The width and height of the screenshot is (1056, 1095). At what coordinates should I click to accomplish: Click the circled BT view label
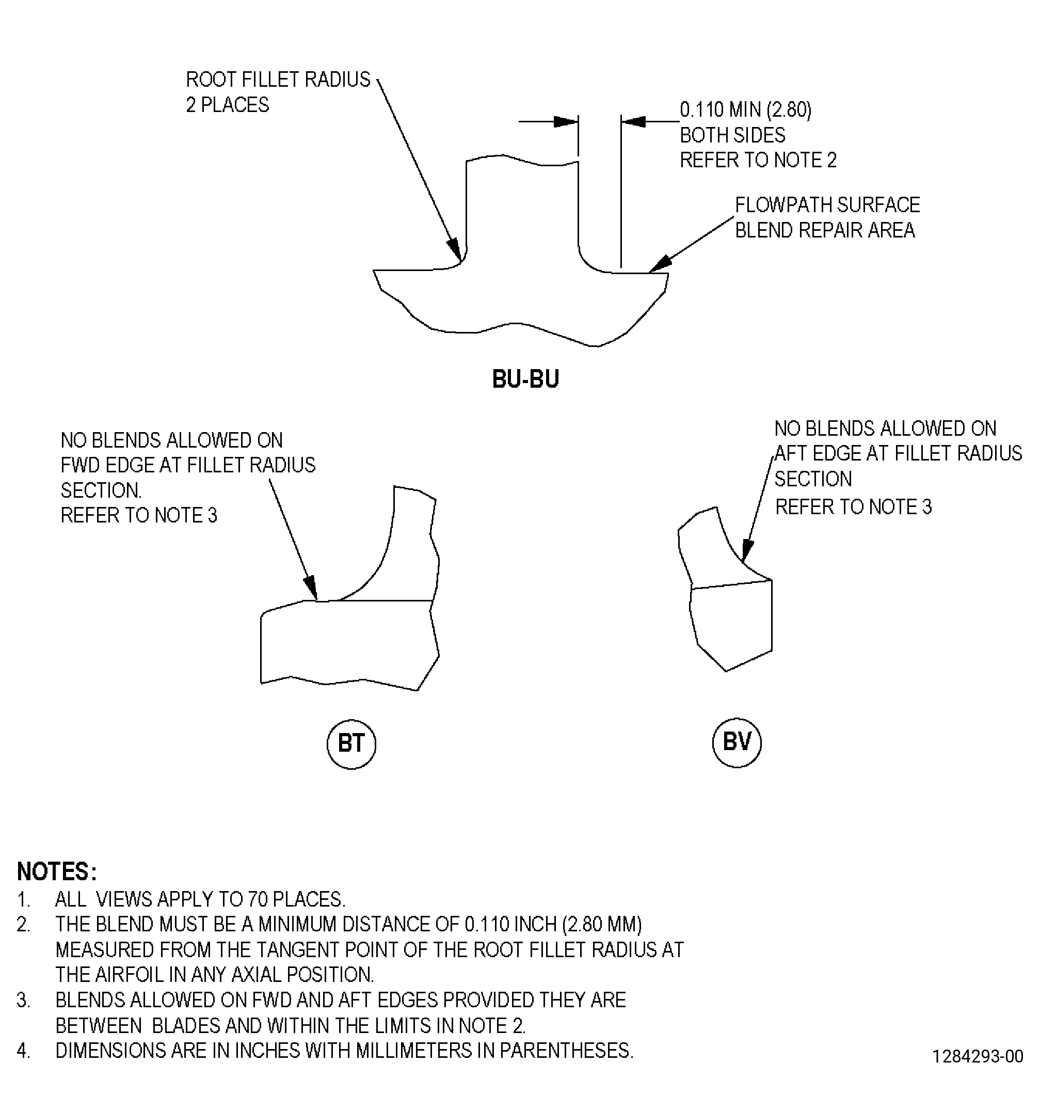coord(351,744)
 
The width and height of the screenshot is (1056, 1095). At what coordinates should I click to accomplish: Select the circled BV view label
coord(737,742)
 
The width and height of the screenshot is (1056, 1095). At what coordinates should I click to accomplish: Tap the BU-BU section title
coord(525,379)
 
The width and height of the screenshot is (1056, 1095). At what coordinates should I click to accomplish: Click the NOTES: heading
coord(57,871)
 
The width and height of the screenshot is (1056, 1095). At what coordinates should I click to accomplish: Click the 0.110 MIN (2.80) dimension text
coord(745,109)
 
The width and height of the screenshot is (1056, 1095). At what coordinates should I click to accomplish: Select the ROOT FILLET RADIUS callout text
coord(278,80)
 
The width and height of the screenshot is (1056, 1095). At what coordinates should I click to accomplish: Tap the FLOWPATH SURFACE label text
coord(827,205)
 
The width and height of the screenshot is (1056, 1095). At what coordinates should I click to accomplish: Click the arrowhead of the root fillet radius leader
coord(455,250)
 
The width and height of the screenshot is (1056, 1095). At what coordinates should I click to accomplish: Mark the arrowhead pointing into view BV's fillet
coord(747,550)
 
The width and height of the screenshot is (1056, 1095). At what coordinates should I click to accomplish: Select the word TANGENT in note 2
coord(369,949)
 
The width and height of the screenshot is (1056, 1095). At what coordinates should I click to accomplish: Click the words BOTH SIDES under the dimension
coord(732,135)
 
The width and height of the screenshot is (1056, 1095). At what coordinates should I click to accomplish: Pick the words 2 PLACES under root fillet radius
coord(227,105)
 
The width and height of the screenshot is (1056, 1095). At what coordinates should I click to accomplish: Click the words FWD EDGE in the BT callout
coord(107,465)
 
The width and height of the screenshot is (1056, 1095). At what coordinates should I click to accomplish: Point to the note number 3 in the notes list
coord(23,1000)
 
